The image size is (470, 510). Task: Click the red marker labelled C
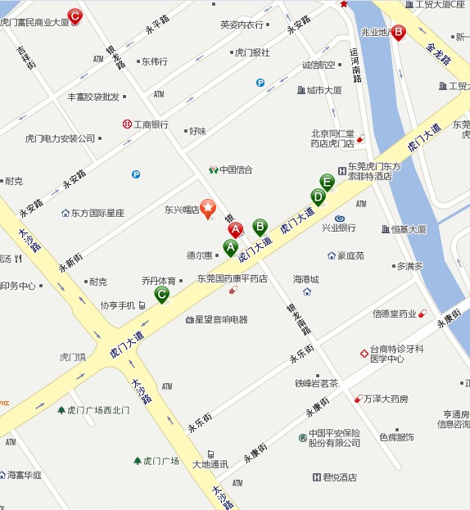click(x=75, y=15)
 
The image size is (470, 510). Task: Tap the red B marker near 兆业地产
click(x=398, y=33)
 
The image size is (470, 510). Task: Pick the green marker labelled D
click(x=318, y=196)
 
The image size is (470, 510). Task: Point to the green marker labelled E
click(x=327, y=182)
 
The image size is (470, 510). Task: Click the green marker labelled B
click(x=260, y=226)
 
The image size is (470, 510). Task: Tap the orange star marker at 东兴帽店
click(x=208, y=209)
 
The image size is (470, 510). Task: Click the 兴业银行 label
click(x=338, y=228)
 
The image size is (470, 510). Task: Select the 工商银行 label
click(x=151, y=124)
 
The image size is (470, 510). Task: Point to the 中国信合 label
click(x=236, y=170)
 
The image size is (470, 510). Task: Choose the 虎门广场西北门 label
click(x=98, y=410)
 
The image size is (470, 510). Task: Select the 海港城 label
click(x=306, y=279)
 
